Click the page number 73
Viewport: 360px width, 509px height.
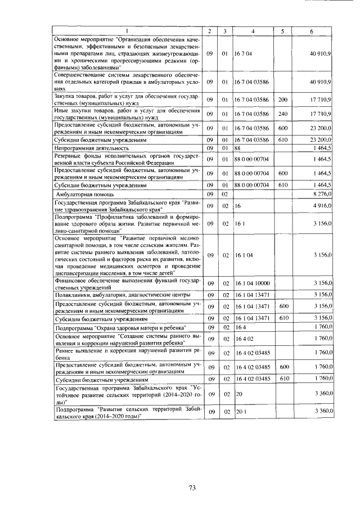(191, 488)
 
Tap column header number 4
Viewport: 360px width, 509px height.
(254, 30)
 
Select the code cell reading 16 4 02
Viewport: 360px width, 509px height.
(245, 339)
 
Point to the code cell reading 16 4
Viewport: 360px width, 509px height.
(241, 327)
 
